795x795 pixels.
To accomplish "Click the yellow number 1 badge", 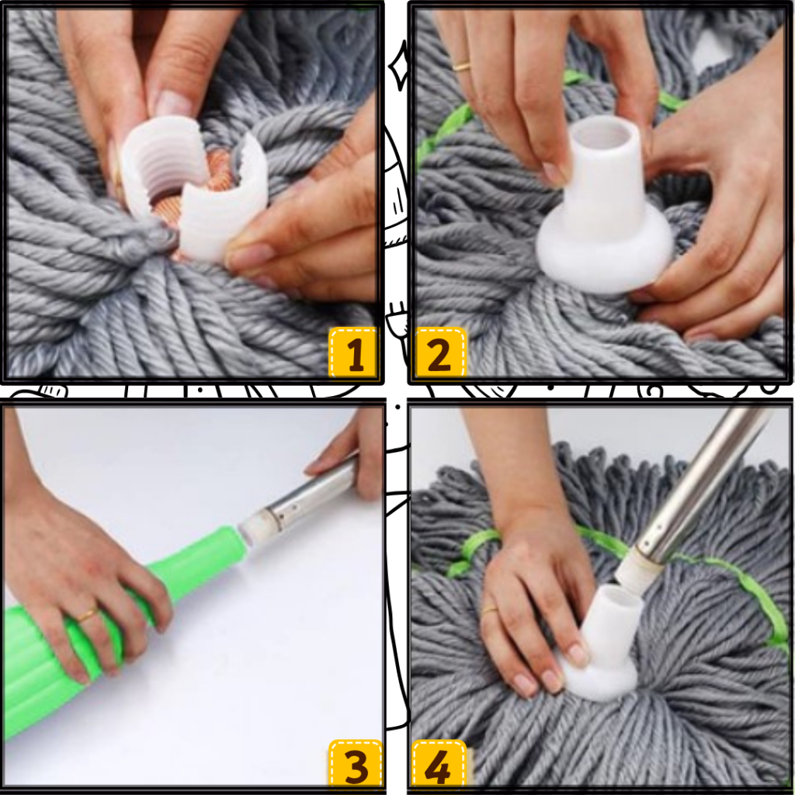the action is click(x=353, y=352).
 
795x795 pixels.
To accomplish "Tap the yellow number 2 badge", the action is click(x=440, y=352).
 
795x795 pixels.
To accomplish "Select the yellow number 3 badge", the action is click(x=355, y=765).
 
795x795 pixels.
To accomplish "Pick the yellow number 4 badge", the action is click(x=438, y=765).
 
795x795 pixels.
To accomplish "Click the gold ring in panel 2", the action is click(x=461, y=66).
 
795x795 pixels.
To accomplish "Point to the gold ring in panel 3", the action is click(x=86, y=615).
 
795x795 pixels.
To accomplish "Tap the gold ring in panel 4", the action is click(x=490, y=609).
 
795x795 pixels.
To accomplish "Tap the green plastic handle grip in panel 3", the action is click(x=102, y=634).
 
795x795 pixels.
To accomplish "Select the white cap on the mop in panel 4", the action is click(x=601, y=644).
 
